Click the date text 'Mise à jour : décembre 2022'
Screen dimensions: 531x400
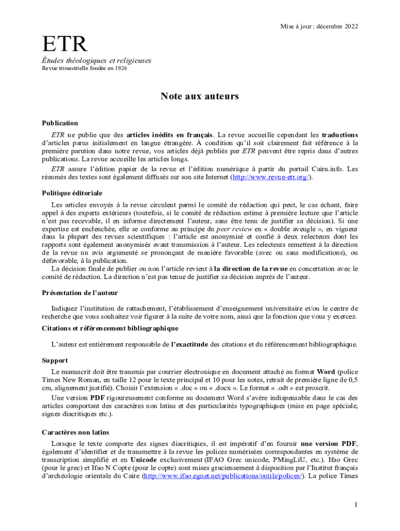(x=319, y=26)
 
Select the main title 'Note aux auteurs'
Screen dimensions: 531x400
(x=200, y=96)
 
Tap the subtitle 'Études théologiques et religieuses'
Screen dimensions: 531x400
(x=97, y=61)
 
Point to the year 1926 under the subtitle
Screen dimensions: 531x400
(x=120, y=68)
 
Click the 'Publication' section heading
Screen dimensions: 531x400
(x=60, y=123)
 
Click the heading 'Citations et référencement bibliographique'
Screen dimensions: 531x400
(x=110, y=328)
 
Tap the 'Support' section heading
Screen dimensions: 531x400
(x=55, y=360)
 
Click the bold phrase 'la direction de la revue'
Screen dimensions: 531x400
(x=251, y=269)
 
